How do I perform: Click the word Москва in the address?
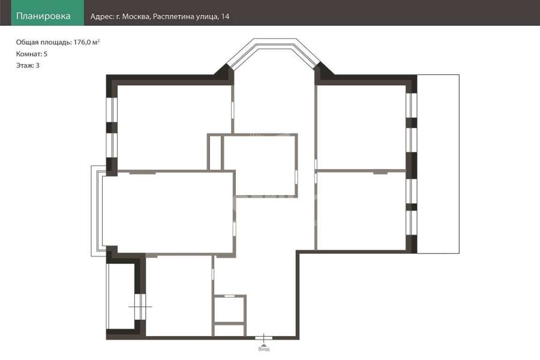tap(136, 17)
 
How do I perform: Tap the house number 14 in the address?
tap(225, 17)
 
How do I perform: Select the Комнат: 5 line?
tap(32, 54)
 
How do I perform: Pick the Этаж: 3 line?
tap(28, 65)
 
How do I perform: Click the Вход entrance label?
tap(264, 349)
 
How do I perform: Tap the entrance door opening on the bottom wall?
tap(264, 338)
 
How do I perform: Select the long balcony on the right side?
tap(438, 164)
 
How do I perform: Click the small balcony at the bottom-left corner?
tap(120, 296)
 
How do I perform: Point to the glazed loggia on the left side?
tap(98, 211)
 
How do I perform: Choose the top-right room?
tap(361, 127)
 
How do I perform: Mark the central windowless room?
tap(260, 166)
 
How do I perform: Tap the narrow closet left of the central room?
tap(215, 153)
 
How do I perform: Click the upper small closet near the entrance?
tap(229, 309)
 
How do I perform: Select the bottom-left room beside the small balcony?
tap(179, 296)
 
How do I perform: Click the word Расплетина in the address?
tap(173, 17)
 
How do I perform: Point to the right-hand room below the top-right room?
tap(361, 211)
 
